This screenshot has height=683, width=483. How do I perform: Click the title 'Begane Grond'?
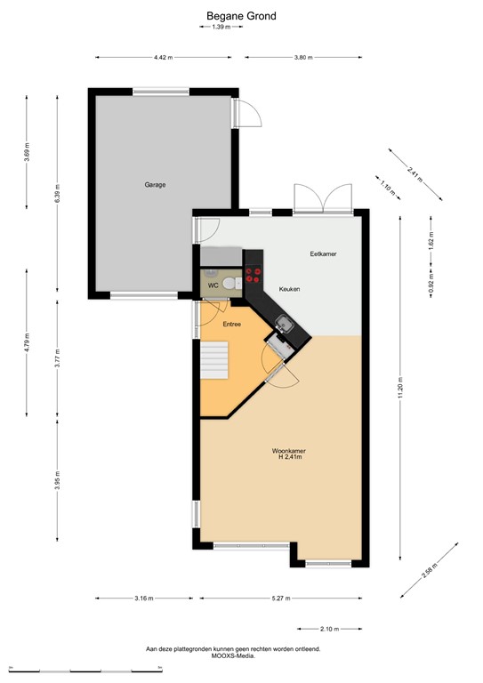point(242,16)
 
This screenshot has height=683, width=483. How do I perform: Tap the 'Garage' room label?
point(156,185)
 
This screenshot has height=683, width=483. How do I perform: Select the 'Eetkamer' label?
point(322,254)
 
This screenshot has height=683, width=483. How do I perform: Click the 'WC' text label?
point(213,285)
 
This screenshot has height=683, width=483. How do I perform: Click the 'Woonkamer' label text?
point(289,452)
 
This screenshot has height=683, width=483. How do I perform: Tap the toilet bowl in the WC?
point(230,284)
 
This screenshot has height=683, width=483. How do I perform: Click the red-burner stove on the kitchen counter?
point(254,276)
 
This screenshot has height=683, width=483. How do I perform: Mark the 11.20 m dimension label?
point(401,387)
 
